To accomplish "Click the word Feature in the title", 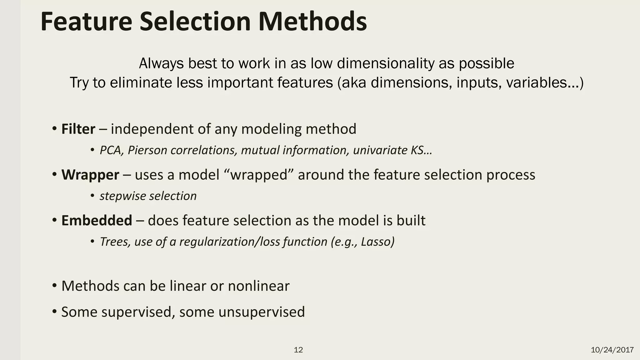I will [x=86, y=22].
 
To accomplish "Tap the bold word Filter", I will [x=78, y=129].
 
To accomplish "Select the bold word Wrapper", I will [x=90, y=175].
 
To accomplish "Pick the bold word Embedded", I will [x=97, y=221].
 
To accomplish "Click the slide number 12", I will [x=298, y=350].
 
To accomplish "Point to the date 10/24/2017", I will [x=612, y=350].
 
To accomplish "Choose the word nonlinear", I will [x=258, y=286].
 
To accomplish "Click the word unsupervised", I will [x=261, y=312].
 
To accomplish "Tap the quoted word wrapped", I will [x=259, y=175].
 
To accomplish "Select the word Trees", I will [x=113, y=242].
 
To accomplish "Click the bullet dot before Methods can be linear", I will [x=55, y=285].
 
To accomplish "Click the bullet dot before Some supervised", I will [x=55, y=311].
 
